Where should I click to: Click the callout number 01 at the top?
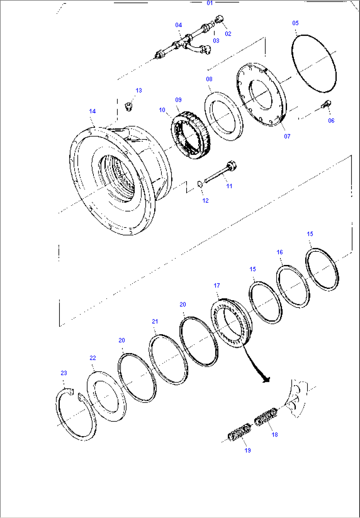(x=210, y=3)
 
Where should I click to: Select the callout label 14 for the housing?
(x=92, y=111)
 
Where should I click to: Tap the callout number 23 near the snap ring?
(x=64, y=373)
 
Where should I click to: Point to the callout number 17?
(x=217, y=285)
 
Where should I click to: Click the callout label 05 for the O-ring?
(x=295, y=23)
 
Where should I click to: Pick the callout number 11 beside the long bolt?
(x=229, y=186)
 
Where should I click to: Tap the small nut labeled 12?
(x=200, y=184)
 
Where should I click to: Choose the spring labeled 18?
(x=266, y=417)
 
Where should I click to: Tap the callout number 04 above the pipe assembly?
(x=178, y=25)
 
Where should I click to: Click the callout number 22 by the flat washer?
(x=93, y=358)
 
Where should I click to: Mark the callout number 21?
(x=155, y=321)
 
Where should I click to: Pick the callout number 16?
(x=279, y=252)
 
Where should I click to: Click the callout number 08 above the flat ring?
(x=209, y=79)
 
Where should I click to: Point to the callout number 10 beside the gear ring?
(x=162, y=110)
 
